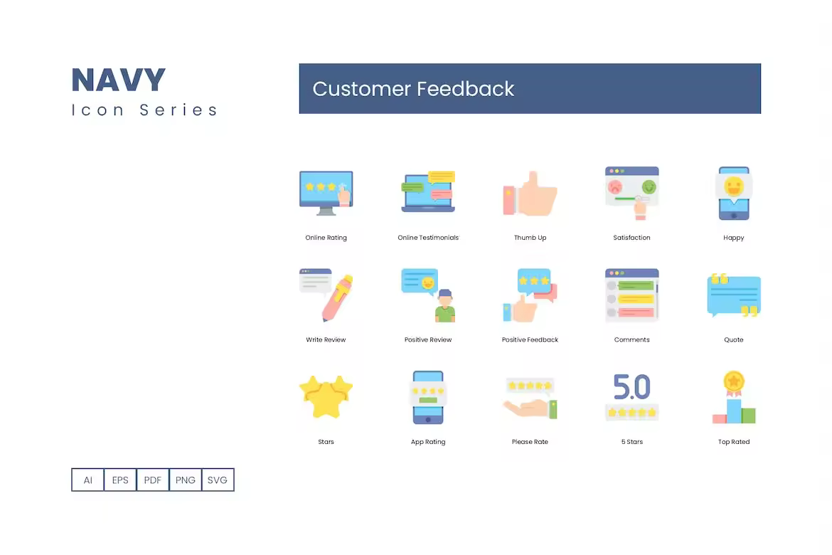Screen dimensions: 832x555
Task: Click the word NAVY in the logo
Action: [118, 80]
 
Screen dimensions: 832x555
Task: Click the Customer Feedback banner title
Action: [413, 89]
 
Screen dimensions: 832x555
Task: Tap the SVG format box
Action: [218, 480]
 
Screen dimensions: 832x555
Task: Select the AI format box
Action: [87, 480]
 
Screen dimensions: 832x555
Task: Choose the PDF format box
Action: [153, 480]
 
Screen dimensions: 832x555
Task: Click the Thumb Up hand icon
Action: [530, 194]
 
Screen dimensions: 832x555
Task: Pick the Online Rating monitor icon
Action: [326, 193]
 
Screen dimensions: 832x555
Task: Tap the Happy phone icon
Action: [734, 194]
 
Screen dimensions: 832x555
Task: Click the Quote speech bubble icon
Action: [734, 295]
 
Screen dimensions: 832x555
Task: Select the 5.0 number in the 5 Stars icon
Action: [631, 386]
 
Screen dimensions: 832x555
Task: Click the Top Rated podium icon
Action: [734, 397]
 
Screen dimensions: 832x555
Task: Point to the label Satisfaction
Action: [631, 238]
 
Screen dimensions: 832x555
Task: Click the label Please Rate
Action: [530, 441]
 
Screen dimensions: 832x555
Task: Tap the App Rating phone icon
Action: [428, 397]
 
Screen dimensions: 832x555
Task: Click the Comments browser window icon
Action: [631, 295]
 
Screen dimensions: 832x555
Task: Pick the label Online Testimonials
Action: [428, 238]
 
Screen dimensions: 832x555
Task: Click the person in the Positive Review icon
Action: [445, 306]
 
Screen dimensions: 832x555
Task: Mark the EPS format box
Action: [120, 480]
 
